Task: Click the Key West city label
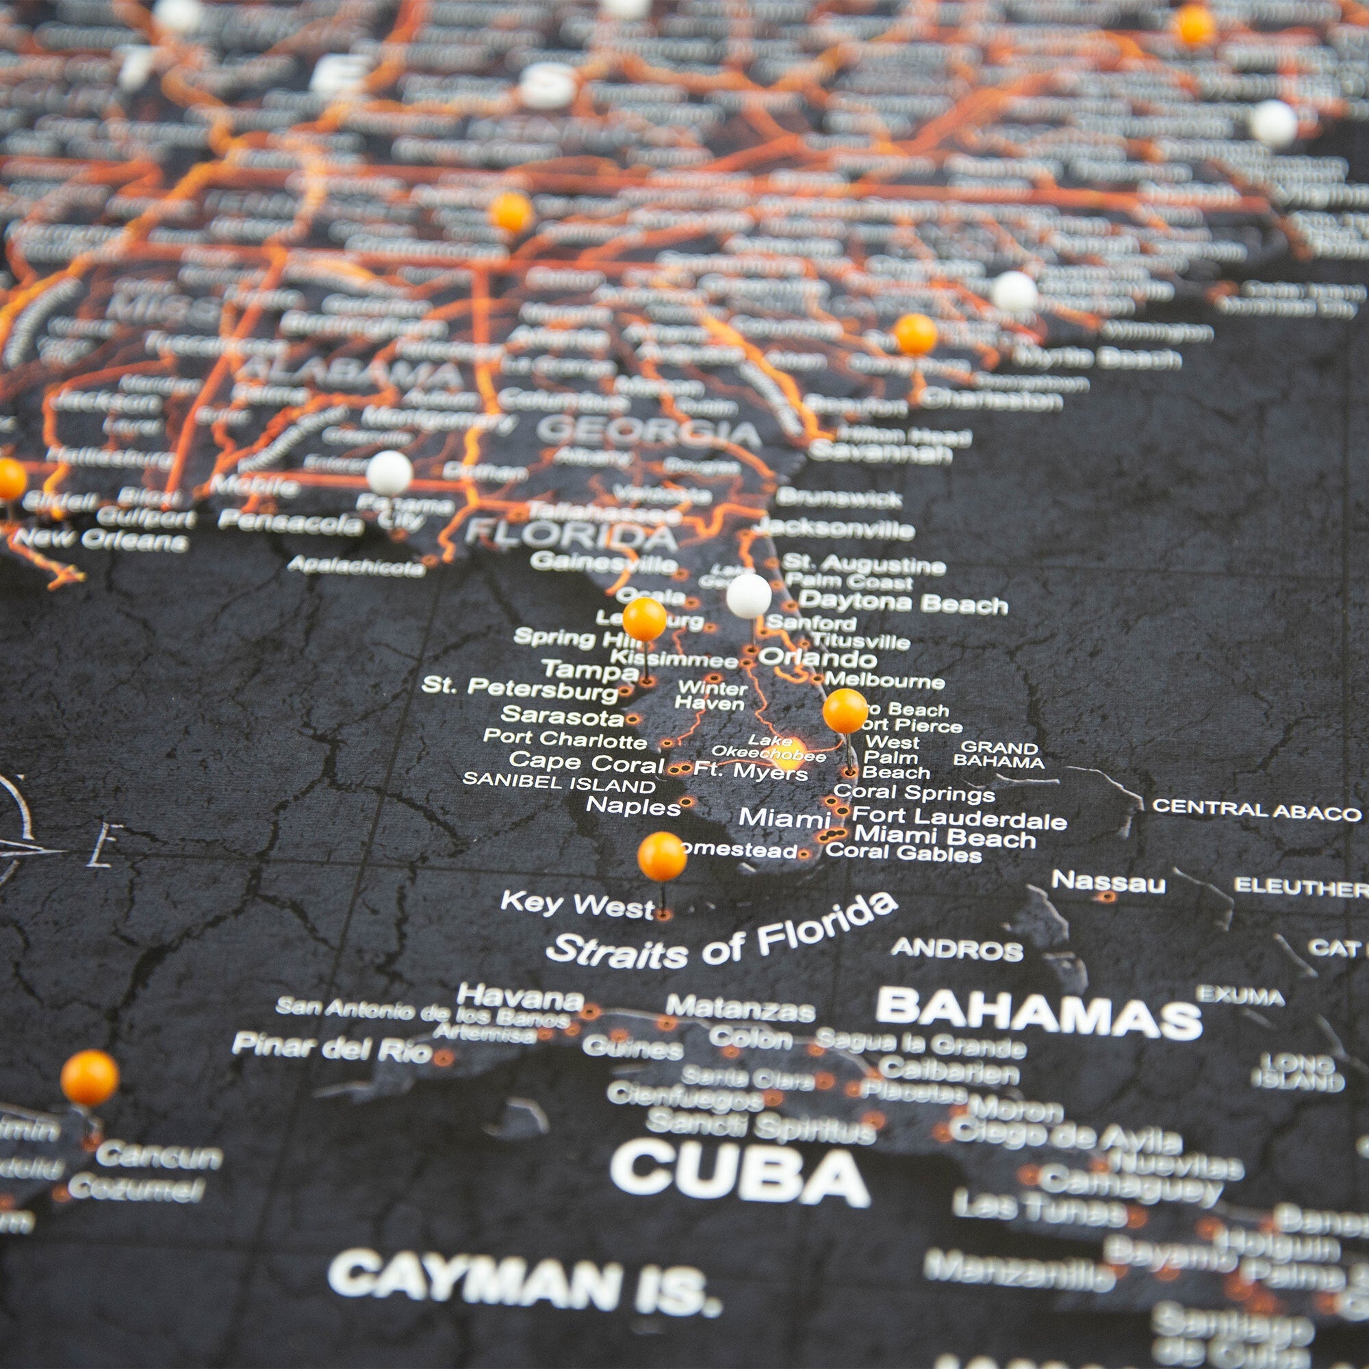point(578,905)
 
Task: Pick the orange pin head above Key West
point(662,856)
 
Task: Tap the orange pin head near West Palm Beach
point(845,711)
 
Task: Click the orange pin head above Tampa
point(644,619)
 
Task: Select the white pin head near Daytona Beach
point(748,596)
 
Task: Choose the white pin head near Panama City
point(389,472)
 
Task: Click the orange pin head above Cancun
point(90,1078)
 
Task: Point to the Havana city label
point(520,999)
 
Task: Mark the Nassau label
point(1108,882)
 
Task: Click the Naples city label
point(633,805)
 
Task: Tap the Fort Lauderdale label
point(959,819)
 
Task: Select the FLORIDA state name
point(571,537)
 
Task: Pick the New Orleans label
point(101,539)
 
